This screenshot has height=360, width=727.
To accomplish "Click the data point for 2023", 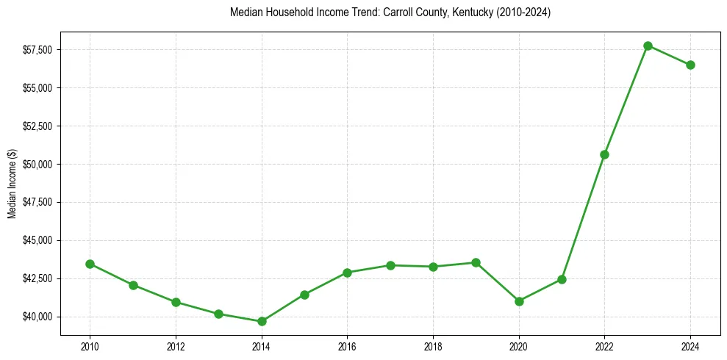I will (648, 46).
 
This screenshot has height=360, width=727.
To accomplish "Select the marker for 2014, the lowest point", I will (262, 321).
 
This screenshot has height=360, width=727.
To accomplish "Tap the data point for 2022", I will (604, 154).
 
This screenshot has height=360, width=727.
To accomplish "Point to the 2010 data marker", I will (90, 264).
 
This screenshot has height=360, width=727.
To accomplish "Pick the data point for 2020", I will (519, 301).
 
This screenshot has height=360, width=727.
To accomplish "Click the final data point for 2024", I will (690, 65).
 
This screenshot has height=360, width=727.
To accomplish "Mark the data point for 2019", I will (476, 262).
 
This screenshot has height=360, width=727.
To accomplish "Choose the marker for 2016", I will (347, 273).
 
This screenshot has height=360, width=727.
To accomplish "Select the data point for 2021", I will (562, 279).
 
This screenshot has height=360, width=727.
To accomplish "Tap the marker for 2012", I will (176, 302).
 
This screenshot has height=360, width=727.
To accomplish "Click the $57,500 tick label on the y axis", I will (38, 50).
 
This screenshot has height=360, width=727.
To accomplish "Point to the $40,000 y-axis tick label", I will (38, 317).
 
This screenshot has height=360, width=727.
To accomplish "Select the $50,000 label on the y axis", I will (38, 164).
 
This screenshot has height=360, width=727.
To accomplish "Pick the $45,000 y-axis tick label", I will (38, 240).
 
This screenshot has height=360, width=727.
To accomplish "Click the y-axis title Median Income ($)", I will (12, 184).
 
